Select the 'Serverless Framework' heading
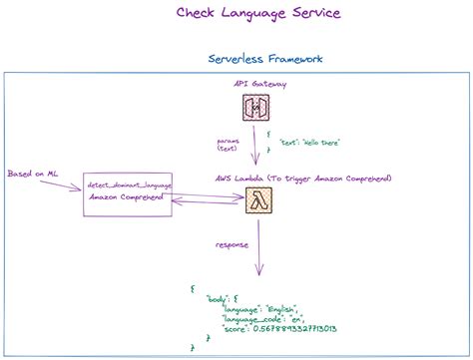click(264, 59)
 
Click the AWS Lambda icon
click(258, 200)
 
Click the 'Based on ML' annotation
click(34, 173)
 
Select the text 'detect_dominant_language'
click(127, 186)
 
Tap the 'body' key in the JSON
click(218, 299)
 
